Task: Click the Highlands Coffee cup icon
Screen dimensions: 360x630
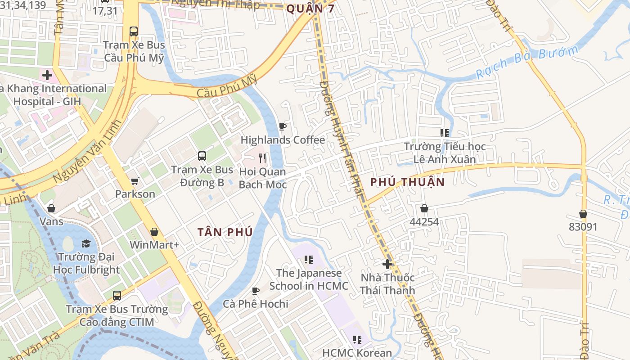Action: (282, 127)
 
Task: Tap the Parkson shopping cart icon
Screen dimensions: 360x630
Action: (135, 181)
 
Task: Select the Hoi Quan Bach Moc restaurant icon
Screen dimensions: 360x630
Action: (263, 158)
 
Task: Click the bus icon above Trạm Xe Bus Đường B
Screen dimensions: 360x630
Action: (202, 156)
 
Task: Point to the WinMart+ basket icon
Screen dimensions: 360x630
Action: (154, 232)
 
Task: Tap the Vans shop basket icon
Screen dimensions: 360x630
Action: (51, 208)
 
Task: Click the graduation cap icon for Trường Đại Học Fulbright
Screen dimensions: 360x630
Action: (86, 243)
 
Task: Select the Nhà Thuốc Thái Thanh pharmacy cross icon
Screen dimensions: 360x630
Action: (387, 264)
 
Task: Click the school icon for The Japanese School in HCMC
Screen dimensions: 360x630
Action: (308, 259)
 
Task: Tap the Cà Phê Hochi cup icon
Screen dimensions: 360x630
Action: (256, 291)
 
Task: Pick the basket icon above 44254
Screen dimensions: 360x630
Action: (424, 208)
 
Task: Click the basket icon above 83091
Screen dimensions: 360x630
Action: (583, 214)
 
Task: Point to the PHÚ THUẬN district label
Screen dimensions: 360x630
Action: (407, 182)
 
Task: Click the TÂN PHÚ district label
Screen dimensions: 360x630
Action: (225, 232)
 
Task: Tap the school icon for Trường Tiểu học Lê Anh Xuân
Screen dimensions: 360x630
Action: (445, 133)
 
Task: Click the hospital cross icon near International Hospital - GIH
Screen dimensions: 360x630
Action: (47, 75)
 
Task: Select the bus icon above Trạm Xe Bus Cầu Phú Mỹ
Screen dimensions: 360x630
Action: (134, 31)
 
